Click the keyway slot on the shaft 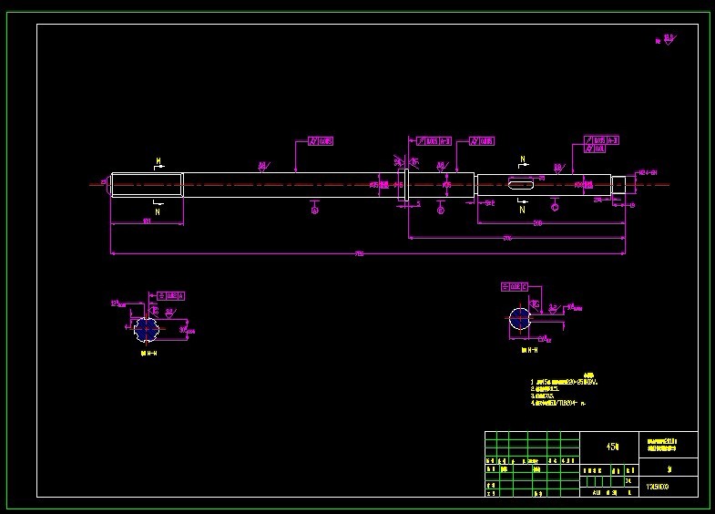520,185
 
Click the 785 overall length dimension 359,254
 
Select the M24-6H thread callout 647,172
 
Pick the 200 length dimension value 538,222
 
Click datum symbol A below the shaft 314,211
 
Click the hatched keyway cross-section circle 519,318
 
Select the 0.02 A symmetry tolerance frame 170,296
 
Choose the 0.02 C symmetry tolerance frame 516,286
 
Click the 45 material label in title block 612,447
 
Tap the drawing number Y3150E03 658,487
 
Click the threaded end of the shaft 618,184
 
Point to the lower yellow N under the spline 158,211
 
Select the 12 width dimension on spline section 116,303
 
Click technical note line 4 560,402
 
